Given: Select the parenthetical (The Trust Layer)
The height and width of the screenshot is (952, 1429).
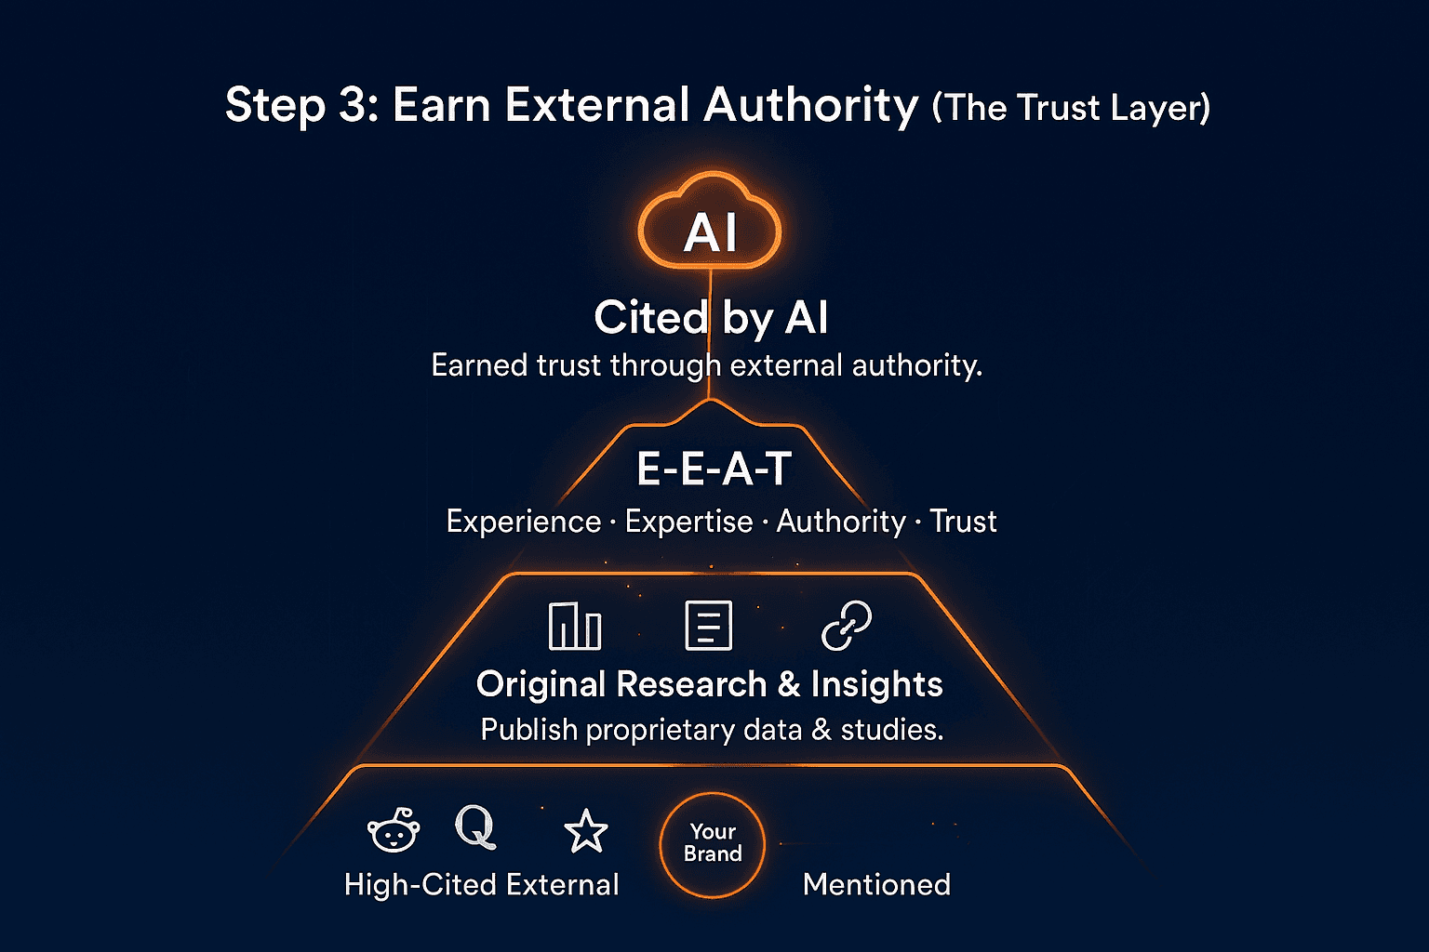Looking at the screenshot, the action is [1071, 108].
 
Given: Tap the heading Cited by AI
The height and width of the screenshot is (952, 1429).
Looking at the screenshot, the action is [711, 318].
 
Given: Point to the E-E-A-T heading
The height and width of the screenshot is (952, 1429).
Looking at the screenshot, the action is [714, 469].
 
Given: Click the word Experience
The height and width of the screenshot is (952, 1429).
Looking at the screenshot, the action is [523, 522].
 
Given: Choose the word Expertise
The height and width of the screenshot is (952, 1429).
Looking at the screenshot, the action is [688, 522].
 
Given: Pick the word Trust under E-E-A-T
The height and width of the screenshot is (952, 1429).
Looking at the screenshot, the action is [963, 522].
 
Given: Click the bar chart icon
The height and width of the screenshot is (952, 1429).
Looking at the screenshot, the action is [575, 625].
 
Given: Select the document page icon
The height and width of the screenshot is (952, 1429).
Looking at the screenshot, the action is [708, 625].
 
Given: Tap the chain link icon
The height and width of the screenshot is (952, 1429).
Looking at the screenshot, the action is [847, 625].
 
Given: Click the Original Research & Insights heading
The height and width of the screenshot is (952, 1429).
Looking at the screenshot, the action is [709, 684].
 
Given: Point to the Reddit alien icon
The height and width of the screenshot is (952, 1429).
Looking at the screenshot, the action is [394, 829].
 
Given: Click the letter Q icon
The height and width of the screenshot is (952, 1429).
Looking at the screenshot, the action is [475, 826].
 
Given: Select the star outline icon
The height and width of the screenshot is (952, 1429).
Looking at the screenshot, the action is [586, 830].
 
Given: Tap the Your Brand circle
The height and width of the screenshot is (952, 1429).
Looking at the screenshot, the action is [713, 844].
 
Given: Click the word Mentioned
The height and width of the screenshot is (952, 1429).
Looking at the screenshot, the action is [876, 884].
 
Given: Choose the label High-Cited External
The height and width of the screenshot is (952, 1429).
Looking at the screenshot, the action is [481, 884].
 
